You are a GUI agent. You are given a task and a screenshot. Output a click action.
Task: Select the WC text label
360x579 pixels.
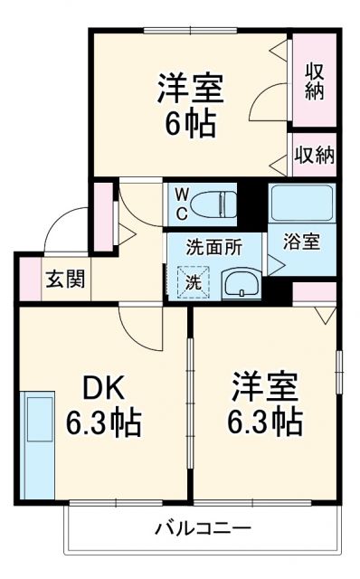(x=181, y=204)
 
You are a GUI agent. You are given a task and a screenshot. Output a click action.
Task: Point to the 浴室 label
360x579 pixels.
(x=300, y=242)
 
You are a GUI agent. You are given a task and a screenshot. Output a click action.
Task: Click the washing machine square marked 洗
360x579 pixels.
(x=194, y=281)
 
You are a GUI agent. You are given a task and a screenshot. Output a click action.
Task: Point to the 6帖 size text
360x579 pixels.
(x=189, y=123)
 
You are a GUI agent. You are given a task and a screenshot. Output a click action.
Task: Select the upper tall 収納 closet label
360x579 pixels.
(x=314, y=81)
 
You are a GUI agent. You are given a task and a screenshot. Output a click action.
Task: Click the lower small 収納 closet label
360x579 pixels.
(x=313, y=155)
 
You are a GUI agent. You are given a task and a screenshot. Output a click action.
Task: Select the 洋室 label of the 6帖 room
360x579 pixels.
(x=189, y=89)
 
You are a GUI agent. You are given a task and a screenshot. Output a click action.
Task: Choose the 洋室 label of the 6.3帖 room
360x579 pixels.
(x=264, y=387)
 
